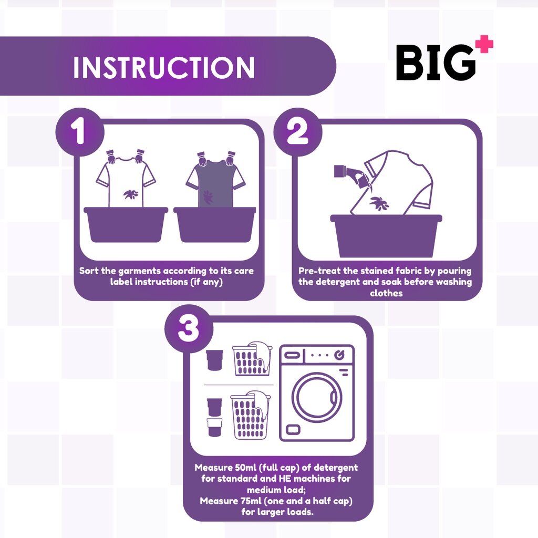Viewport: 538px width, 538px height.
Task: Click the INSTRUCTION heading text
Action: point(163,67)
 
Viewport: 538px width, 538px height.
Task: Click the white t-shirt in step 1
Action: point(126,181)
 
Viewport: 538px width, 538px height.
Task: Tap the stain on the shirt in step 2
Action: point(378,202)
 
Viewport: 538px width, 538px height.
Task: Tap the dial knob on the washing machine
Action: point(340,355)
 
